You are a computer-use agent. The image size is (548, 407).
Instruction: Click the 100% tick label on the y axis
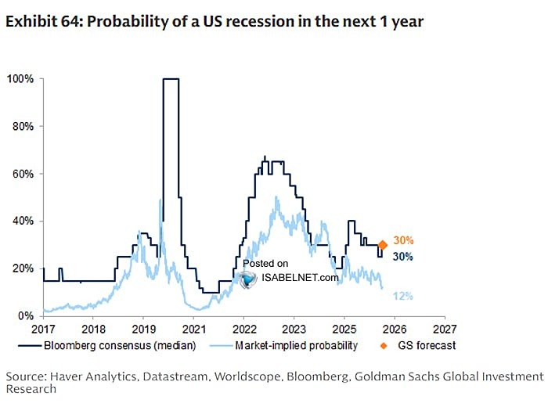click(x=19, y=79)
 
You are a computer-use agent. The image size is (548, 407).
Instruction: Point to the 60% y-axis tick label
click(x=21, y=174)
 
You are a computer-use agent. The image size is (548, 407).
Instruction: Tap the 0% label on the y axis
click(x=24, y=316)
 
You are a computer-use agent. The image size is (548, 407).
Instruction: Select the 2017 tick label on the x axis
click(x=43, y=329)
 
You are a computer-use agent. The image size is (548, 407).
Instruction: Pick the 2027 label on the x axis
click(x=444, y=329)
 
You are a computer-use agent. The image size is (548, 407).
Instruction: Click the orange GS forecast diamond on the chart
click(x=383, y=245)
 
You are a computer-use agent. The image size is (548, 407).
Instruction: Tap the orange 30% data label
click(x=403, y=241)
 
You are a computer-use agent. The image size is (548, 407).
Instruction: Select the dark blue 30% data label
click(x=403, y=257)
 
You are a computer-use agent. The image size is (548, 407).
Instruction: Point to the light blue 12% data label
click(x=402, y=296)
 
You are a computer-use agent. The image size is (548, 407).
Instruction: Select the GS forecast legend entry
click(x=424, y=345)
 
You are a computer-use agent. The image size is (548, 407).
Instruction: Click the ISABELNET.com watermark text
click(x=301, y=276)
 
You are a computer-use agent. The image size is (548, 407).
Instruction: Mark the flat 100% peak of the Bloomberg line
click(x=171, y=79)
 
